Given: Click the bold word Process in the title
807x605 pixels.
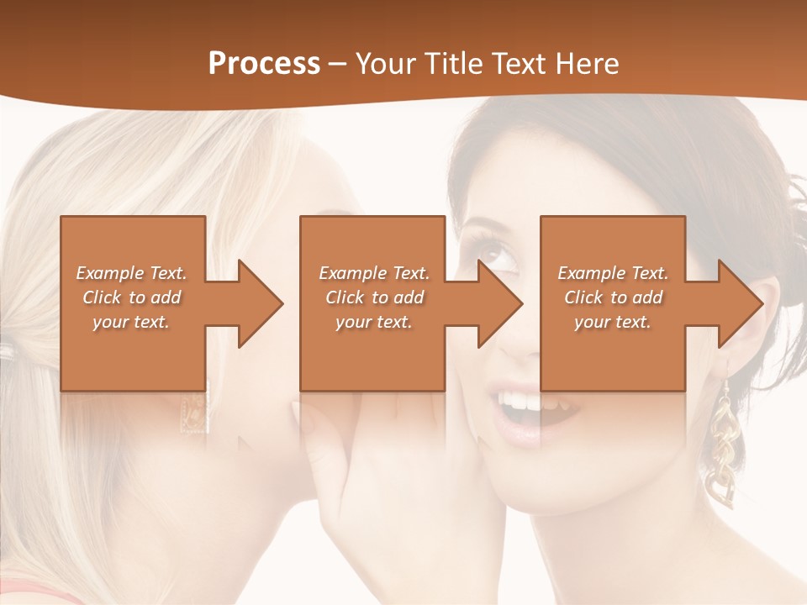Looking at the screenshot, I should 264,63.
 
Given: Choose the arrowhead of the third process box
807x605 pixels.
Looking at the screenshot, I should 739,303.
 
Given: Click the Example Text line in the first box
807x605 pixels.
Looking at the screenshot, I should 131,273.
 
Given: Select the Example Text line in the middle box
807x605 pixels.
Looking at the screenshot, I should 373,273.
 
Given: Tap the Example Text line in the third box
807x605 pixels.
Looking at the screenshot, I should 613,273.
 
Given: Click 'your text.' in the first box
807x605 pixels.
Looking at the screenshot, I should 131,322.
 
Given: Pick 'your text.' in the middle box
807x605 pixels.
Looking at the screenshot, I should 373,322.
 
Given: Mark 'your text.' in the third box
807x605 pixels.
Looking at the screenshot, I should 613,322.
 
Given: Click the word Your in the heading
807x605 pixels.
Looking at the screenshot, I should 384,63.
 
